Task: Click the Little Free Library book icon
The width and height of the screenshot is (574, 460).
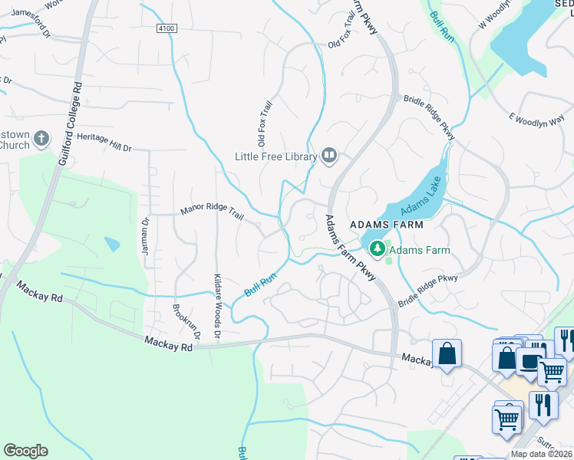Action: coord(330,156)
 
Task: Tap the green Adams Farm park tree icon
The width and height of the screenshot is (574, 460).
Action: coord(378,249)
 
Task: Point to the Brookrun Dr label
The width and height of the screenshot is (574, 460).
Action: coord(188,323)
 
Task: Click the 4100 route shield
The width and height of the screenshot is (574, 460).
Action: coord(166,28)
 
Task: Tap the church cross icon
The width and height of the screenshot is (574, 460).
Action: coord(42,140)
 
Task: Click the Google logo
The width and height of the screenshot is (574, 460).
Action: coord(25,451)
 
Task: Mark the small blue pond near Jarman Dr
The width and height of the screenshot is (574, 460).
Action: coord(113,245)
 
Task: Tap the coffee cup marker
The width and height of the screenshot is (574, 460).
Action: coord(530,361)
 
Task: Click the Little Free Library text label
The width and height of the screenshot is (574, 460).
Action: coord(275,156)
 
